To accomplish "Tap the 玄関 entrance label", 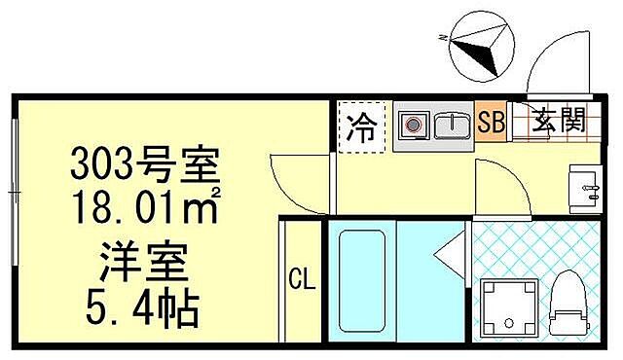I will [x=558, y=122].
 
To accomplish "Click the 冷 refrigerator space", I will [x=361, y=127].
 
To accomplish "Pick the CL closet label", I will [x=302, y=282].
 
